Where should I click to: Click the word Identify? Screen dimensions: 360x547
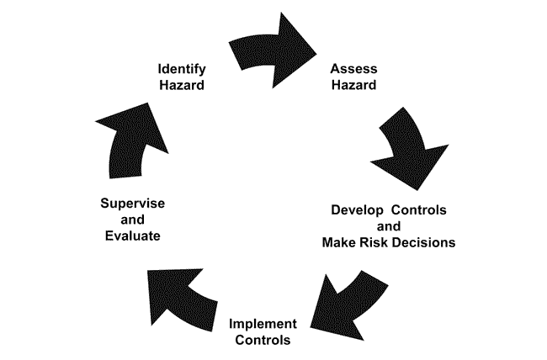coord(183,68)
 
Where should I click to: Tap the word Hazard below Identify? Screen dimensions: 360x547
coord(183,84)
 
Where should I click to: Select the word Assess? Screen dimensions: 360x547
coord(353,68)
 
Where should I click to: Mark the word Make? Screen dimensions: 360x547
coord(338,242)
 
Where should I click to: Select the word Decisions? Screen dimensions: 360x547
coord(424,242)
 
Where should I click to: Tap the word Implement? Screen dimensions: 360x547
coord(263,325)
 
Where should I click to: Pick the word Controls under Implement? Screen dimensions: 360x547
coord(263,341)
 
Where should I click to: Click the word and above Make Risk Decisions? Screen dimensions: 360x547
coord(388,226)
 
